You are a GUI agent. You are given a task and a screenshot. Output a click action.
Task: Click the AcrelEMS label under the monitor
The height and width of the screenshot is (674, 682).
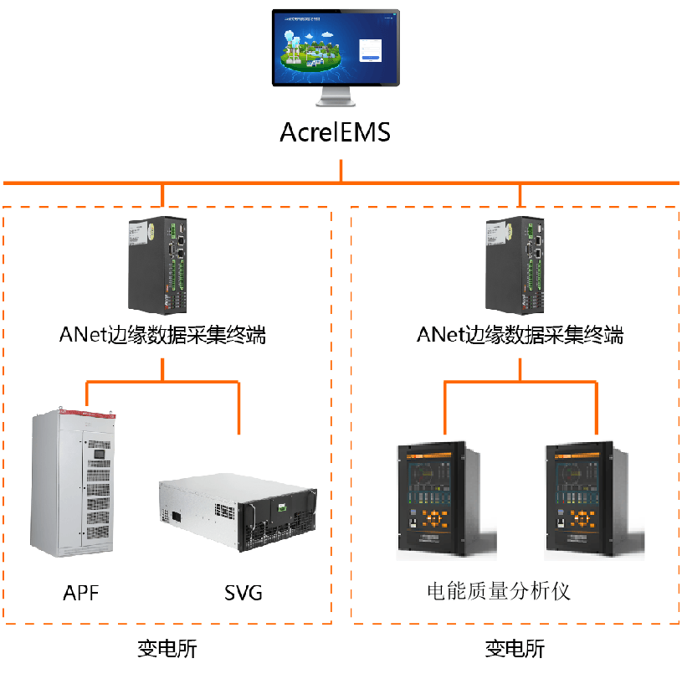[335, 132]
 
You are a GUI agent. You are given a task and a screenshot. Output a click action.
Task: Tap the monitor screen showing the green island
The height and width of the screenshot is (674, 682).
[336, 48]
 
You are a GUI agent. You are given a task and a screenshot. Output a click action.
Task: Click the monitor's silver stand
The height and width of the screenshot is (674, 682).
[336, 96]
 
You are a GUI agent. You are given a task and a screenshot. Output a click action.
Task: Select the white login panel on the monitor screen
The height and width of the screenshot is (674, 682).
[370, 50]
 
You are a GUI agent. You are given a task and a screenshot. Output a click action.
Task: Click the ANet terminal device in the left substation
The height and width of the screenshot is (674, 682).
[157, 265]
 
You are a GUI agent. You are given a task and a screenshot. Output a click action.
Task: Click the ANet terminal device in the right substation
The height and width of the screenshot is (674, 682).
[515, 265]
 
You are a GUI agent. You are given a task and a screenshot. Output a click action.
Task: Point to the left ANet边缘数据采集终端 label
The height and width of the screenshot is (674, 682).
[162, 335]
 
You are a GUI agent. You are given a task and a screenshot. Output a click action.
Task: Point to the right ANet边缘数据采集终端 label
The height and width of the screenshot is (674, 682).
[520, 335]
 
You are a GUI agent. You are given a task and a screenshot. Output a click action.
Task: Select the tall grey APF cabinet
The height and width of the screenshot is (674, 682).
[73, 483]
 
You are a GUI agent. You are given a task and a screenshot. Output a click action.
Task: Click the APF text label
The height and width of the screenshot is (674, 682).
[81, 593]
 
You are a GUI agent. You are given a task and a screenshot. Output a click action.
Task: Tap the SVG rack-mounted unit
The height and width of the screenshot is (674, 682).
[238, 512]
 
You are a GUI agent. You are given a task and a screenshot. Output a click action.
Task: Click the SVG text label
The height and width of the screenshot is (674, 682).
[244, 593]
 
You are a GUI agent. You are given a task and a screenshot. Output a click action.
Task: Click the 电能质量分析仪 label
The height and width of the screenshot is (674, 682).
[499, 592]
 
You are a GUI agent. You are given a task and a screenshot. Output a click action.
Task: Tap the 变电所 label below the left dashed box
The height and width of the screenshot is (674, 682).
[167, 649]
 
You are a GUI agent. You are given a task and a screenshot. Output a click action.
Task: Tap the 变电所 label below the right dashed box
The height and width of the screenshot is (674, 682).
[515, 649]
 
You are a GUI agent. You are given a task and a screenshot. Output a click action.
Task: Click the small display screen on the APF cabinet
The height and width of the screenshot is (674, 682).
[100, 454]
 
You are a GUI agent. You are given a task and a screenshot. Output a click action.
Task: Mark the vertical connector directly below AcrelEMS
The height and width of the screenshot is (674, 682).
[341, 171]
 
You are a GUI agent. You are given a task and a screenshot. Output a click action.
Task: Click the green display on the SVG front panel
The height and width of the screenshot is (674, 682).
[282, 507]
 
